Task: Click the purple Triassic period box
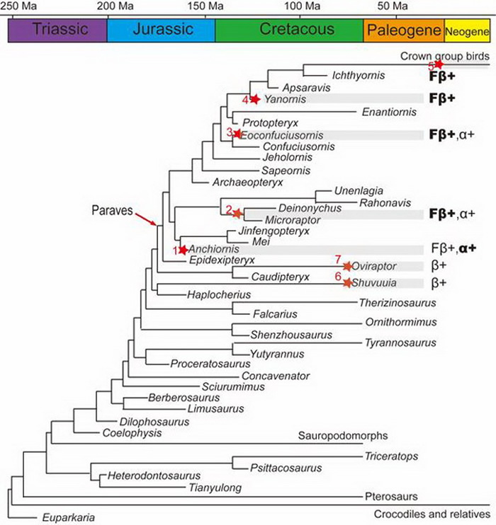(x=57, y=30)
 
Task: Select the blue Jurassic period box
(x=161, y=30)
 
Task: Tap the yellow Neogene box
(x=466, y=32)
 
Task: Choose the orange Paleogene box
(x=403, y=30)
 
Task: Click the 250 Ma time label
(x=16, y=6)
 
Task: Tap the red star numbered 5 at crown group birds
(x=439, y=64)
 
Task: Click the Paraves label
(x=110, y=210)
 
